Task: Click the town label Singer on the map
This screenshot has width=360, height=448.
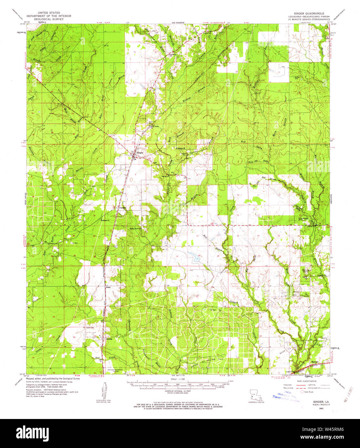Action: pyautogui.click(x=140, y=153)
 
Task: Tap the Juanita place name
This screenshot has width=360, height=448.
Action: pyautogui.click(x=123, y=208)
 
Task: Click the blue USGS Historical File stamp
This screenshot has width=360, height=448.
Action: pyautogui.click(x=286, y=398)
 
